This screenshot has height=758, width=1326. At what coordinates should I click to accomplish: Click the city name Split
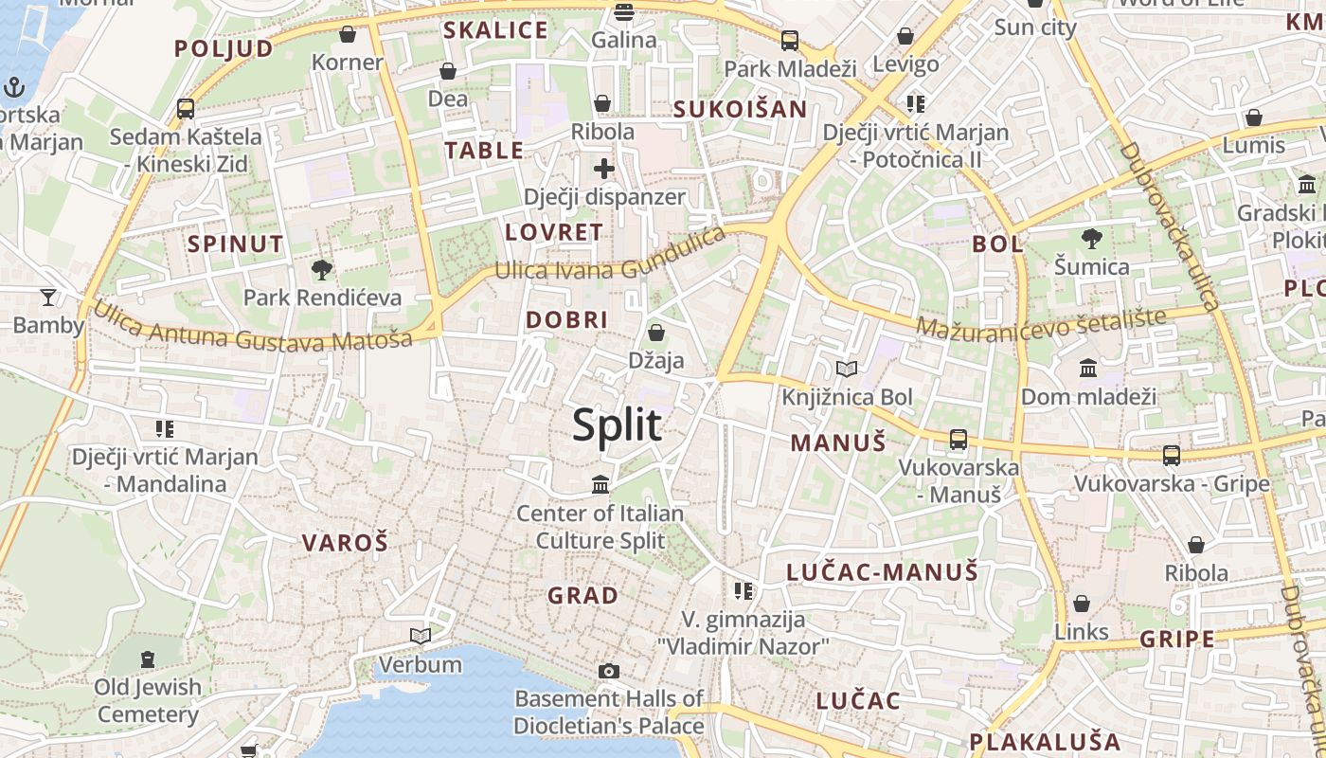[617, 424]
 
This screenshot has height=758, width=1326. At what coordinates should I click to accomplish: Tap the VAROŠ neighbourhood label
[345, 543]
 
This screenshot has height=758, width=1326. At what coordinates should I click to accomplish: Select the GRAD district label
[582, 596]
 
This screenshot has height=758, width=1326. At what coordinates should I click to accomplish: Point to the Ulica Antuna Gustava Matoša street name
[252, 326]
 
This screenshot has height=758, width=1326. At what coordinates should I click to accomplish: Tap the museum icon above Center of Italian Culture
[600, 485]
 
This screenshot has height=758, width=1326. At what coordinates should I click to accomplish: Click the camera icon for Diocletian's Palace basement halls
[609, 671]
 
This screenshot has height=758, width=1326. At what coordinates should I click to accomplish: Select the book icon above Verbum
[421, 636]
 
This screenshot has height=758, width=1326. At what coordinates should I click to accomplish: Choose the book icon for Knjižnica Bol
[847, 369]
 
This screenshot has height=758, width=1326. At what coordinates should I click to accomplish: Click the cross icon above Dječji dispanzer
[604, 169]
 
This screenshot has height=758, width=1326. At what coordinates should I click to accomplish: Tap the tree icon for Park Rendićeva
[322, 269]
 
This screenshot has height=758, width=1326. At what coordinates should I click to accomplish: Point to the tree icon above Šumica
[1092, 238]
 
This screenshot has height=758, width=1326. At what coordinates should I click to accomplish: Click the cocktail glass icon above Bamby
[48, 297]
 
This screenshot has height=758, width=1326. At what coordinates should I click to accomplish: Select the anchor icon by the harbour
[14, 88]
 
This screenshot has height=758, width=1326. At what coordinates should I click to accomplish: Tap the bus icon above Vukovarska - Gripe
[1172, 456]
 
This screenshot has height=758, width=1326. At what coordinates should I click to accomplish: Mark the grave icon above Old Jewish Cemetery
[148, 659]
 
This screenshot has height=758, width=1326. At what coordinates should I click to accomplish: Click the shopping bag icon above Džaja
[655, 333]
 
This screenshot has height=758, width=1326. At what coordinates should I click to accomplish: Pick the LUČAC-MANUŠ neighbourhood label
[882, 572]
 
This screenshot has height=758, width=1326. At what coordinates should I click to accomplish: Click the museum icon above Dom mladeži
[1088, 368]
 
